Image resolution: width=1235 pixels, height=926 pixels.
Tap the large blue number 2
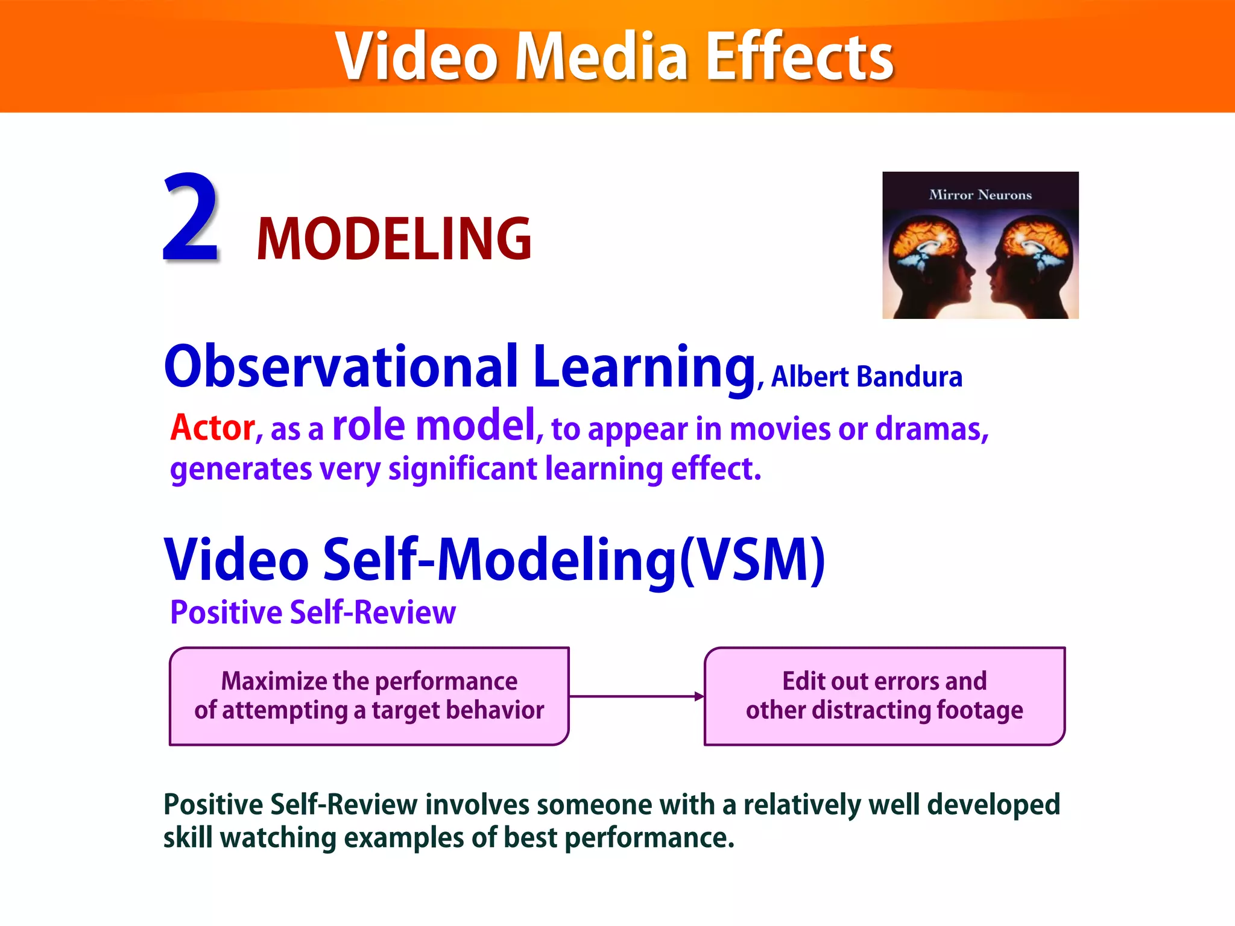[190, 218]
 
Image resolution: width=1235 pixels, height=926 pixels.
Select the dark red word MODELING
[394, 239]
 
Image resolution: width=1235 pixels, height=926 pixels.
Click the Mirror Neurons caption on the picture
[980, 195]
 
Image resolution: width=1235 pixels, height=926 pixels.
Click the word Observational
[341, 367]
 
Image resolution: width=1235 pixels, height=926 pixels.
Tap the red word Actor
[213, 428]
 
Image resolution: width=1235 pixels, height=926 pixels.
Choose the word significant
[463, 469]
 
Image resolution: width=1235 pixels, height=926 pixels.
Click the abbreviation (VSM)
[752, 559]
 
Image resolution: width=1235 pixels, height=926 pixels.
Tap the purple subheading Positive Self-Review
[313, 613]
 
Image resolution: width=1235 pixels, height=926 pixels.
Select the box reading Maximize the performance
[369, 696]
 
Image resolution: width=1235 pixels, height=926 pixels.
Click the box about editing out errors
[884, 696]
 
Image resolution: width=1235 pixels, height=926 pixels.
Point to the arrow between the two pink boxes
[636, 696]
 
